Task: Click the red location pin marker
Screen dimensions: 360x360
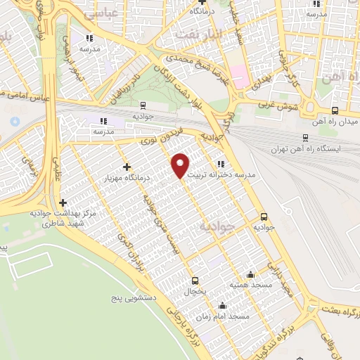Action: [181, 165]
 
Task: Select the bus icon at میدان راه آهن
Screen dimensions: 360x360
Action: [335, 110]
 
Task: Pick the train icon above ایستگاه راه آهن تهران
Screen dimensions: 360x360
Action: [304, 138]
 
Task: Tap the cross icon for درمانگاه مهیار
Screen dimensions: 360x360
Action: [127, 167]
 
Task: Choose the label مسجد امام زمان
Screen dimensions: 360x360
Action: [225, 317]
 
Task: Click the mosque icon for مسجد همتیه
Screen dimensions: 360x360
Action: [251, 274]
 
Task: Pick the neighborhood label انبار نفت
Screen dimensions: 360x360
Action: [210, 34]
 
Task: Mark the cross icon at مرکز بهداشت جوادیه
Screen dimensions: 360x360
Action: [63, 202]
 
